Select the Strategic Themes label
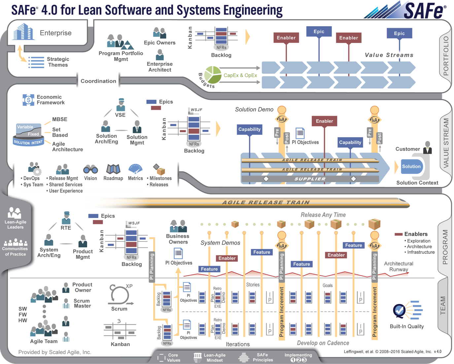[x=58, y=62]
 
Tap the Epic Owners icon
[x=159, y=33]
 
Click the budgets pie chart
[x=213, y=75]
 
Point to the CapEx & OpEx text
[x=240, y=75]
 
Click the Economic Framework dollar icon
[x=28, y=100]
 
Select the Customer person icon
[x=428, y=147]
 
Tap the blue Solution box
[x=411, y=166]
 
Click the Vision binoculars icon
[x=90, y=169]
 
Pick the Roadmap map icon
[x=113, y=169]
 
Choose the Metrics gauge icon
[x=135, y=169]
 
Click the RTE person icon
[x=66, y=218]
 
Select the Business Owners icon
[x=178, y=227]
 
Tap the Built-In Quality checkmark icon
[x=400, y=311]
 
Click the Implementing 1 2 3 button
[x=298, y=358]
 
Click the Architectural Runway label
[x=399, y=267]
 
